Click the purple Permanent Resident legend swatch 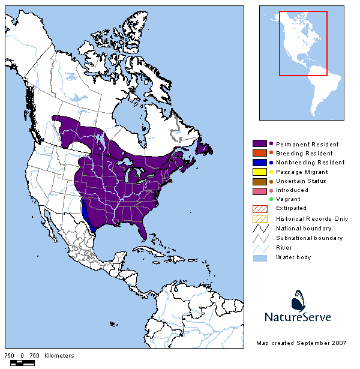point(260,144)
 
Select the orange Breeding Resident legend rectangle point(260,153)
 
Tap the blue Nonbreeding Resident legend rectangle point(260,162)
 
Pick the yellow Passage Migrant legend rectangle point(260,172)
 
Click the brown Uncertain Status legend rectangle point(260,181)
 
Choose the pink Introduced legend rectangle point(260,190)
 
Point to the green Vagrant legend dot point(271,199)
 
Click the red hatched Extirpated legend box point(260,208)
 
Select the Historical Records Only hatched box point(260,218)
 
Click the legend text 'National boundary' point(303,228)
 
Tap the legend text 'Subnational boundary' point(309,238)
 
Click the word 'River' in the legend point(284,247)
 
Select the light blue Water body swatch point(260,257)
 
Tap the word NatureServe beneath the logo point(298,317)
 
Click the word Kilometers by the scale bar point(60,356)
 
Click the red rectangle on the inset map point(303,43)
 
